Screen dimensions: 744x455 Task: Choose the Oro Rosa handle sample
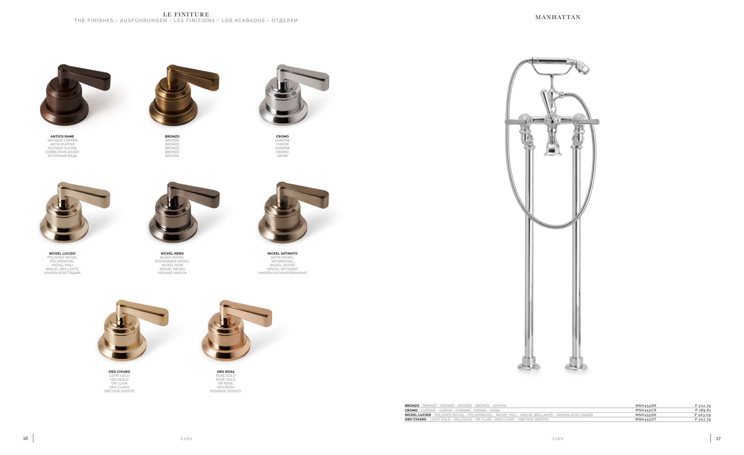click(236, 331)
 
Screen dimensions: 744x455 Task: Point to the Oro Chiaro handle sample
click(133, 331)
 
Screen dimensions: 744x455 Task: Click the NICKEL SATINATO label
click(282, 253)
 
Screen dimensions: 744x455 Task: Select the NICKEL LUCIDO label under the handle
click(62, 253)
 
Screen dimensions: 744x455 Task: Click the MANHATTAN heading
click(558, 17)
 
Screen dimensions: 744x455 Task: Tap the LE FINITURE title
click(186, 15)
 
